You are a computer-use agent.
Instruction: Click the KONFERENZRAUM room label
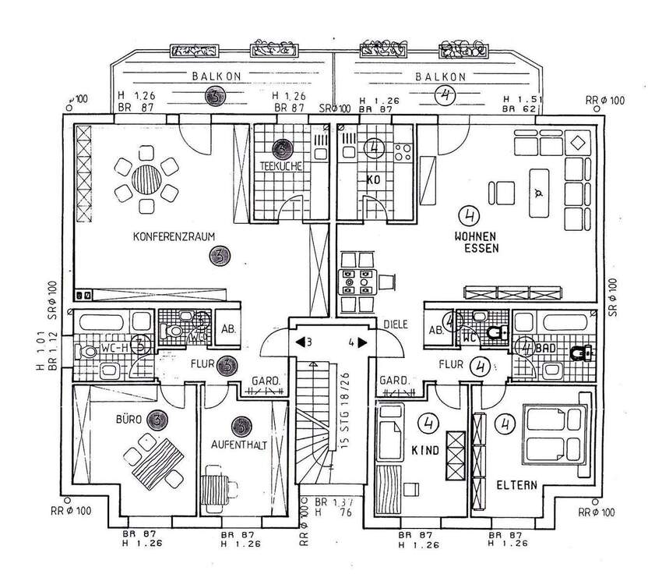pos(173,236)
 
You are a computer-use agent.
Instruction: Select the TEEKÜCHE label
pos(281,166)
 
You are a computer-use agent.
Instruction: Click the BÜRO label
pos(129,420)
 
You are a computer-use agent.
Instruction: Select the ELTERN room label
pos(516,484)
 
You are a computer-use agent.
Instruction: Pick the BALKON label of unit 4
pos(440,76)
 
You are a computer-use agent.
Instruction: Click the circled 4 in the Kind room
pos(426,424)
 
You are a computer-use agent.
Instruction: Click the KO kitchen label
pos(372,179)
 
